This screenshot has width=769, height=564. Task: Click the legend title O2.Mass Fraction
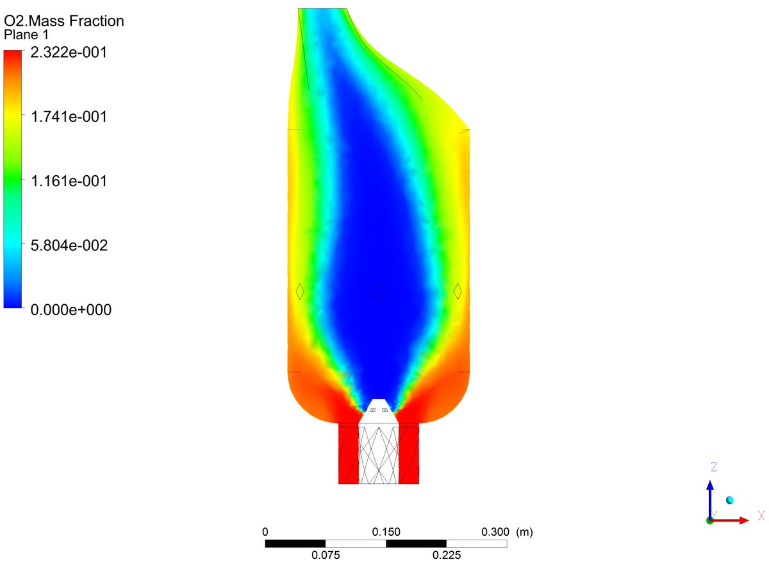coord(64,21)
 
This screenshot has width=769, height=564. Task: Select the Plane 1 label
coord(26,35)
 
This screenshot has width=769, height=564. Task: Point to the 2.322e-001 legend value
coord(69,53)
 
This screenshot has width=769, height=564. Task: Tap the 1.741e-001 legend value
coord(69,117)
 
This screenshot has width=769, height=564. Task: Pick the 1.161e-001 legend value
coord(69,181)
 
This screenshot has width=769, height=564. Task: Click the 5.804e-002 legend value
coord(69,245)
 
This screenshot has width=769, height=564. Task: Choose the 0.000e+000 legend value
coord(70,310)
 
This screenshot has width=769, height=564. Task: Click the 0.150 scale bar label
coord(386,532)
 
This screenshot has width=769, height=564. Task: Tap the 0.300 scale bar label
coord(495,532)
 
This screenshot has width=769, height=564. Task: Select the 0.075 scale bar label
coord(326,555)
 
